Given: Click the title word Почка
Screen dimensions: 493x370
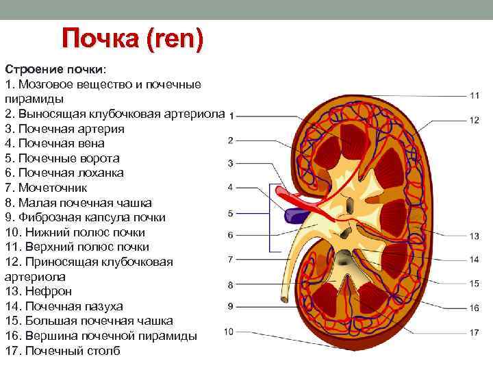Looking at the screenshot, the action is [x=99, y=40].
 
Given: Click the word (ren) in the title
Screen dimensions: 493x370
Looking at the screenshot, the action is [x=174, y=40].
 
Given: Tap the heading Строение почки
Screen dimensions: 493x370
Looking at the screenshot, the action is [x=55, y=70].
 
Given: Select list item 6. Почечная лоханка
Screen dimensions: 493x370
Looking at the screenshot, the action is [x=66, y=173].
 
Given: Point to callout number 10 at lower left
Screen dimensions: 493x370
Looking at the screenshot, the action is [x=229, y=332].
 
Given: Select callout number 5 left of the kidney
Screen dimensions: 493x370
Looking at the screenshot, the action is [x=230, y=213].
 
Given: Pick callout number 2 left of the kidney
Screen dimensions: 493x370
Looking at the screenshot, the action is [x=230, y=140].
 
